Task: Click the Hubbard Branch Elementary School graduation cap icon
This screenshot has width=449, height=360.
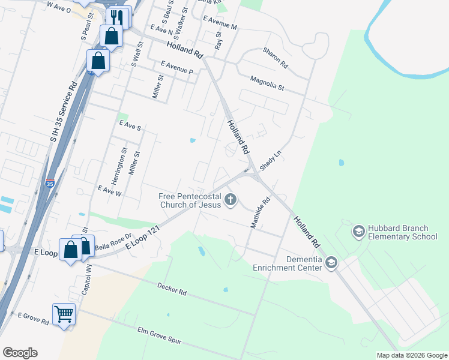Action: point(358,231)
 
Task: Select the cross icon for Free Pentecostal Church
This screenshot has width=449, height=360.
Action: point(231,199)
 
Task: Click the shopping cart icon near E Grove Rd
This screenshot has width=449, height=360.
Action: point(64,314)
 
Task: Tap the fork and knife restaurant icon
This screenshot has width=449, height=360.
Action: point(118,17)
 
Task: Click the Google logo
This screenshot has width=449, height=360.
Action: point(20,353)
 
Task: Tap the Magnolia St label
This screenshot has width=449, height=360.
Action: point(267,82)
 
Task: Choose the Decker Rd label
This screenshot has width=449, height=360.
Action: point(172,290)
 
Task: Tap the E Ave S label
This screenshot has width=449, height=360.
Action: point(130,127)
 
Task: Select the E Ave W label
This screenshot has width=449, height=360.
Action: point(110,191)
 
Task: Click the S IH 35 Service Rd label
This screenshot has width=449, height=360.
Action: point(64,112)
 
